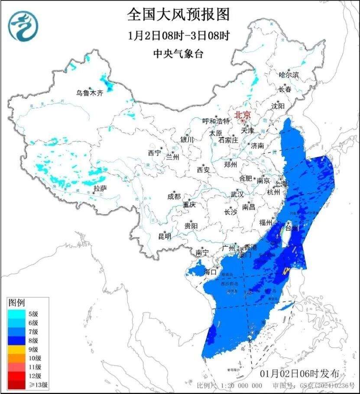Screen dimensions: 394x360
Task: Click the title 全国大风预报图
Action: pyautogui.click(x=178, y=15)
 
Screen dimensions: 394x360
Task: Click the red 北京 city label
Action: pyautogui.click(x=243, y=115)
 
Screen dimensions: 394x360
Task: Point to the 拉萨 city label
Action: pyautogui.click(x=100, y=188)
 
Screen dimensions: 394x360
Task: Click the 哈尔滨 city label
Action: pyautogui.click(x=289, y=75)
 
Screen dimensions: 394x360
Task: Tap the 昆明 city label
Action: pyautogui.click(x=165, y=236)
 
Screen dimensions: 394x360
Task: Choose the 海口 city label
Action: pyautogui.click(x=210, y=272)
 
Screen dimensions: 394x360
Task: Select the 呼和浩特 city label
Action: pyautogui.click(x=216, y=121)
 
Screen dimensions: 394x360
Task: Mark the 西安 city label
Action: pyautogui.click(x=203, y=169)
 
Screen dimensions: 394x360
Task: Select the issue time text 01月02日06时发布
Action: pyautogui.click(x=303, y=374)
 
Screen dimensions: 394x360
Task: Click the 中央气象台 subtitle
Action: pyautogui.click(x=178, y=54)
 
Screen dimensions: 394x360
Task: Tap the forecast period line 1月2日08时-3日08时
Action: pyautogui.click(x=178, y=35)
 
